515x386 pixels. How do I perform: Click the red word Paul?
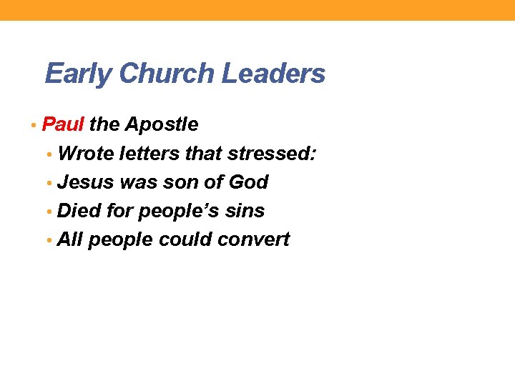[64, 124]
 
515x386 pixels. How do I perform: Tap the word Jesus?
[86, 182]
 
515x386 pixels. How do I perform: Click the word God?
[248, 182]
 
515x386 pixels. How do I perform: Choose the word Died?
[79, 211]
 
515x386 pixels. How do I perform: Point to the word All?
[70, 239]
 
